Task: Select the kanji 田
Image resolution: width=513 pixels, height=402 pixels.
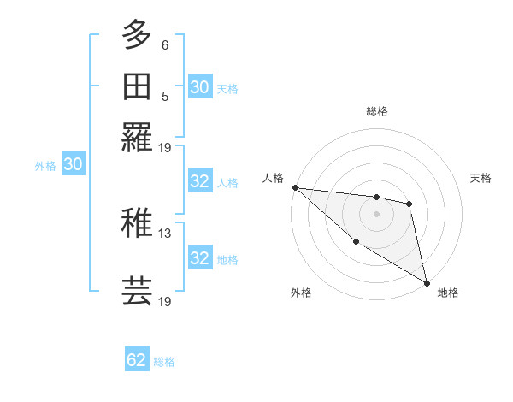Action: click(138, 86)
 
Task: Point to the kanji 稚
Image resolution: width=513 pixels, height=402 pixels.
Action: click(138, 224)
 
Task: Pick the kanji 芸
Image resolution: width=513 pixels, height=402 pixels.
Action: click(138, 292)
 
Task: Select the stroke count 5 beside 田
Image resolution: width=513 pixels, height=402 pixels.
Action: click(165, 96)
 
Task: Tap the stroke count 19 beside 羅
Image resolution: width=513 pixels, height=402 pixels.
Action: click(165, 148)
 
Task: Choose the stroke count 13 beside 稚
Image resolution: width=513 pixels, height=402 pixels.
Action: click(165, 233)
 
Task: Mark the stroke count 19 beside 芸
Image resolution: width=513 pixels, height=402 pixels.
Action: click(165, 301)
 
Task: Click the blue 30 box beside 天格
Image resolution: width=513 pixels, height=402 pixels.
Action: click(200, 87)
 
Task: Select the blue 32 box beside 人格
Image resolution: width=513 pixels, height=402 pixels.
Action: click(200, 181)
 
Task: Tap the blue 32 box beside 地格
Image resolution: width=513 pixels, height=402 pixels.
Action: click(200, 258)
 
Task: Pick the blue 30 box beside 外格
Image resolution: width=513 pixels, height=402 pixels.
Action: click(73, 164)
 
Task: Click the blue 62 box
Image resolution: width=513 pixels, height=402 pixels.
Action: click(137, 360)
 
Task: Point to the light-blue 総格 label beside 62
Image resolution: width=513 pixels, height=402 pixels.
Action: click(164, 362)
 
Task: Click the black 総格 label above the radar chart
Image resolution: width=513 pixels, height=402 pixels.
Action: click(376, 111)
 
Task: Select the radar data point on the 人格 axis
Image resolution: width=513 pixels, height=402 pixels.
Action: click(295, 187)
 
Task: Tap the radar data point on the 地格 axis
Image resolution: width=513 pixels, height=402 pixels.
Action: click(427, 281)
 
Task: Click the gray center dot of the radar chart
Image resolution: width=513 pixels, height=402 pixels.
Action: click(376, 214)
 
